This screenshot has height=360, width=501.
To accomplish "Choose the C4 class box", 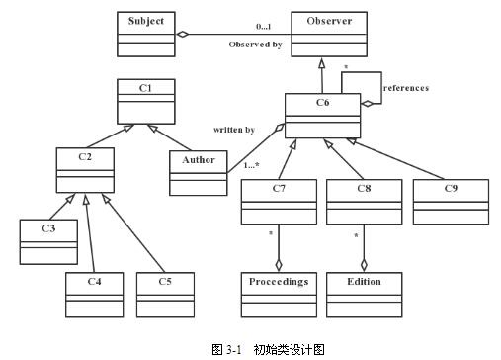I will [x=95, y=293].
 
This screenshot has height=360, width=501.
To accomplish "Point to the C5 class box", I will [x=166, y=293].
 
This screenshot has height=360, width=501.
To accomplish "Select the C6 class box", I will [x=321, y=115].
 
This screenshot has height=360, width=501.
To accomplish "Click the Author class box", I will [x=198, y=172].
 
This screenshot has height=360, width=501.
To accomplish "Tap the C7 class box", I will [x=278, y=202].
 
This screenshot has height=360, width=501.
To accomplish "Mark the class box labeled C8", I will [x=364, y=202].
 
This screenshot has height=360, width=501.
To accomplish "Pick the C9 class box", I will [x=450, y=202].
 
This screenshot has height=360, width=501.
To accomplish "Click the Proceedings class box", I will [x=278, y=293].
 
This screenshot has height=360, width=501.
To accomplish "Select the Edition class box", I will [x=364, y=293].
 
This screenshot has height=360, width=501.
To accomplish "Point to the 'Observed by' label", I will [x=255, y=45].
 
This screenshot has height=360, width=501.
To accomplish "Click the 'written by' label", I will [x=234, y=129].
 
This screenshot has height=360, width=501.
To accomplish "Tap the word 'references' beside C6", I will [x=406, y=88].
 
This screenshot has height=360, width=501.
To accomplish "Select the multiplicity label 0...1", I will [x=264, y=27].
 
